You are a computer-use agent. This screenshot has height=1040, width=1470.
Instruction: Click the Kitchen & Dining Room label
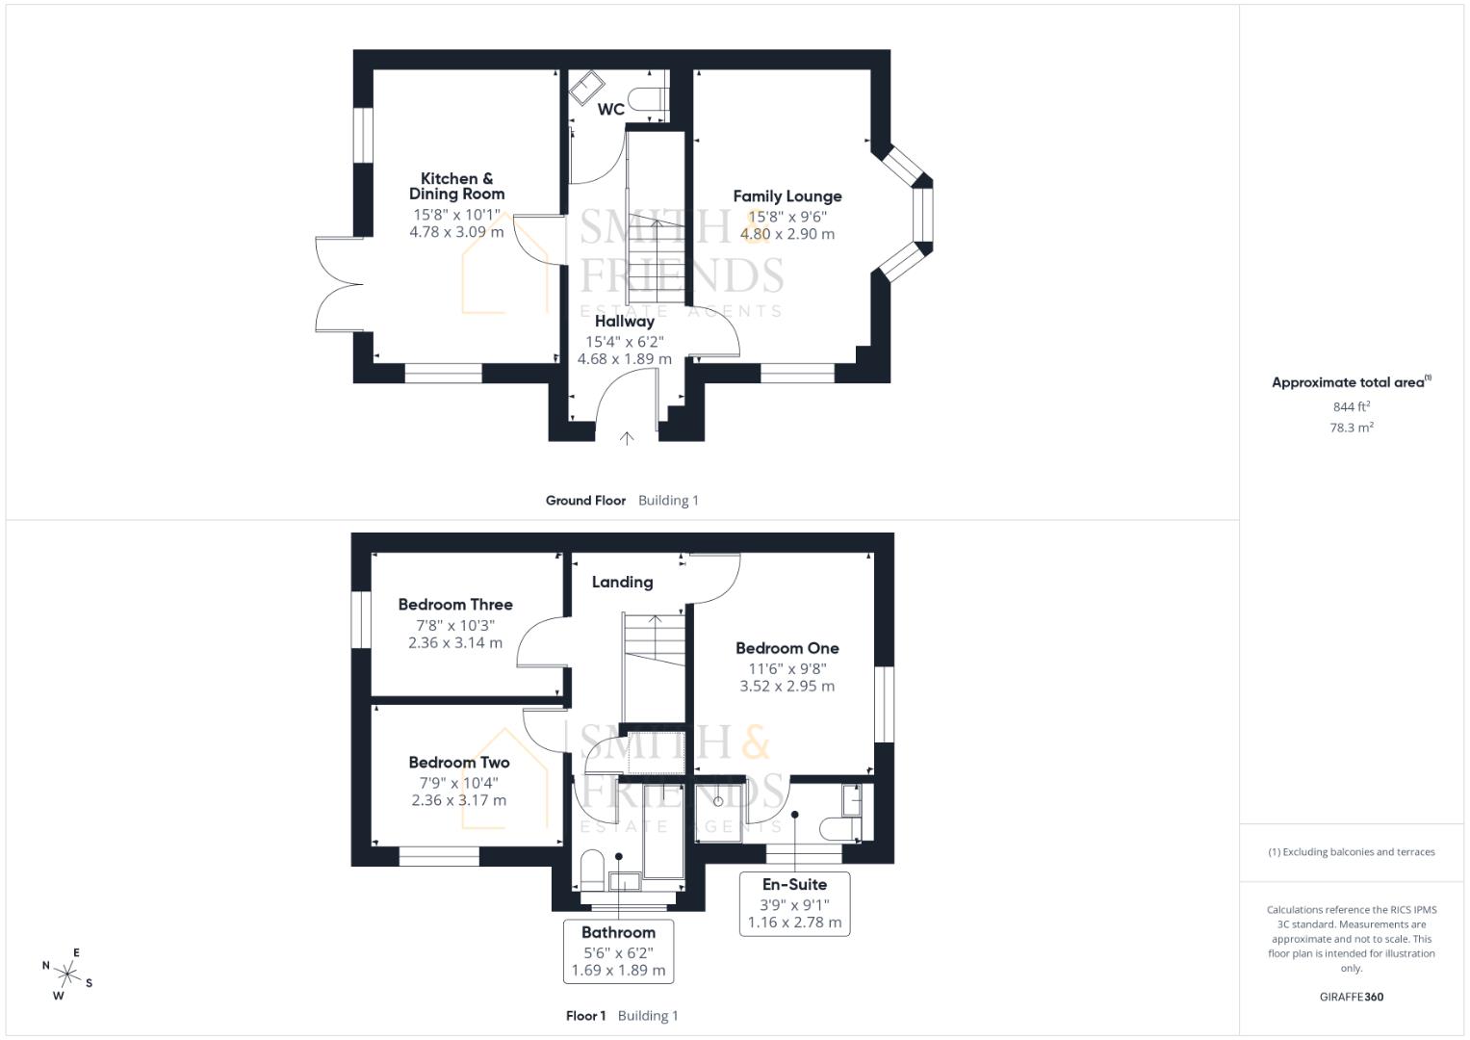click(x=456, y=186)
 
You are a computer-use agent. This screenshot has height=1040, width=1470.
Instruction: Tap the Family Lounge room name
click(x=787, y=196)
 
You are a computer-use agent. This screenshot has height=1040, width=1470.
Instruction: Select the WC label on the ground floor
click(x=610, y=110)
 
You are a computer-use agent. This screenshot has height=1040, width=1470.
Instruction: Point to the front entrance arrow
click(x=627, y=438)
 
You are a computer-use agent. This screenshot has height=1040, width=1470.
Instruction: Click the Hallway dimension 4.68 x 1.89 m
click(x=624, y=359)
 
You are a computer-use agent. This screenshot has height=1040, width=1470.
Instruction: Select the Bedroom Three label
click(x=455, y=605)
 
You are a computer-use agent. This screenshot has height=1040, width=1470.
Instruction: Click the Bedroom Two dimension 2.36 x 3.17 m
click(x=458, y=800)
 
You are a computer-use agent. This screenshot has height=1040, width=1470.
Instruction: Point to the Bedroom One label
click(x=787, y=649)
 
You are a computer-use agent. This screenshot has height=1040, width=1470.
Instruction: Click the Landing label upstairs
click(x=622, y=582)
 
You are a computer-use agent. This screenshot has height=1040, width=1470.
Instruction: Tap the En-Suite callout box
click(x=794, y=903)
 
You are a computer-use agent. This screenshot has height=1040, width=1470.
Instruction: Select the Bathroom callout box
click(x=618, y=951)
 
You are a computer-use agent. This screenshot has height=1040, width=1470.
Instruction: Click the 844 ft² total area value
click(x=1351, y=407)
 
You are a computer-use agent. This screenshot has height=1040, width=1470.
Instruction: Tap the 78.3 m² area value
click(x=1351, y=428)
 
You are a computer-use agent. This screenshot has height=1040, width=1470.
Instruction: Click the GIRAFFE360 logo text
click(x=1351, y=997)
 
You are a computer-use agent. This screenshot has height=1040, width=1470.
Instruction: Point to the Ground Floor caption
click(x=585, y=501)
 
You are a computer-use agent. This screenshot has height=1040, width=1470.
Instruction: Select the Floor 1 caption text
click(x=585, y=1016)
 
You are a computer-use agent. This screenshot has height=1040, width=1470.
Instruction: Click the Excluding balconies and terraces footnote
click(x=1351, y=852)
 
